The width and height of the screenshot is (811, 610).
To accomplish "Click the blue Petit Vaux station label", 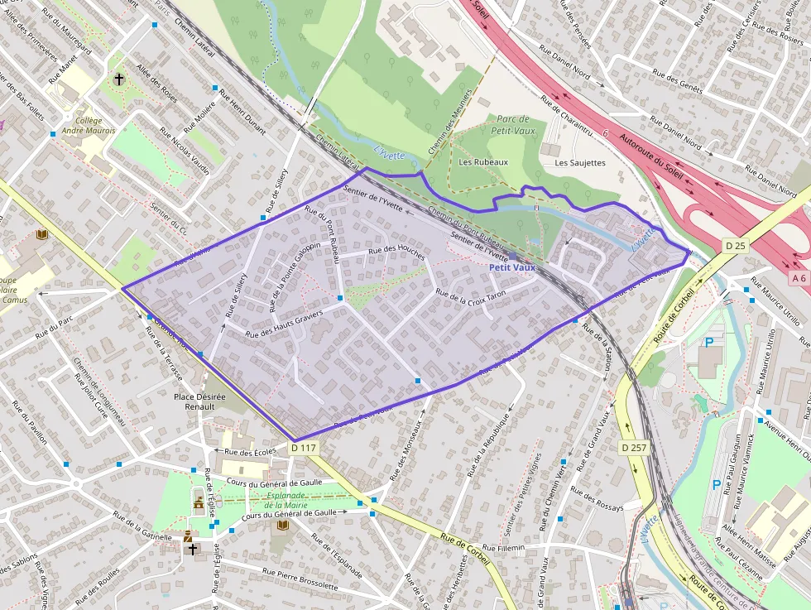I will tap(512, 267).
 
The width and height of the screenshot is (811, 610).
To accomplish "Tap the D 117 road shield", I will tap(304, 448).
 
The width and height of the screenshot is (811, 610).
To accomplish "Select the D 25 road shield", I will tap(735, 246).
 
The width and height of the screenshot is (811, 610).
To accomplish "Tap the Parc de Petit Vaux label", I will tap(513, 125).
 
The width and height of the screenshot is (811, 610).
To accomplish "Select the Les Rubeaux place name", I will tap(483, 162).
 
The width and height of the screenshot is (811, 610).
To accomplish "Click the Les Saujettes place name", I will tap(580, 163).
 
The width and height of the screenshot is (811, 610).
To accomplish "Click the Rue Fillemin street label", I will tap(503, 549).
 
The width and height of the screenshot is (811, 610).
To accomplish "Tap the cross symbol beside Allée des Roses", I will tap(119, 80).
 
